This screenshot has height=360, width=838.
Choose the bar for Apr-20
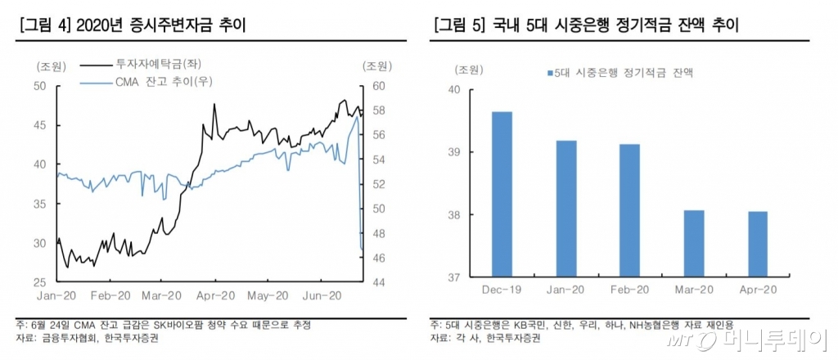[x=757, y=245]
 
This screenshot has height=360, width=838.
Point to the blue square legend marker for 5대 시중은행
[x=549, y=73]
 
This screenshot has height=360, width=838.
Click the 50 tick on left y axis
[x=38, y=85]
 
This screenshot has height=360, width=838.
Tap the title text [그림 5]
[x=461, y=26]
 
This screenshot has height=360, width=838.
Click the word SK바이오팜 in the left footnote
[x=182, y=325]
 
